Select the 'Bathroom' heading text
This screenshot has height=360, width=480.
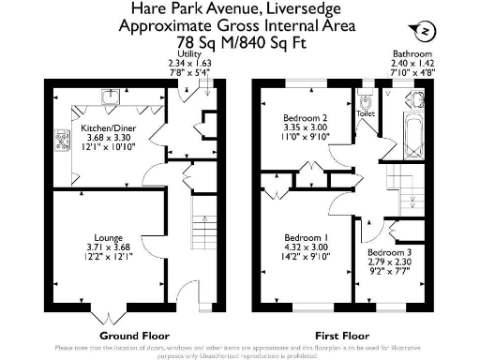(x=412, y=54)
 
